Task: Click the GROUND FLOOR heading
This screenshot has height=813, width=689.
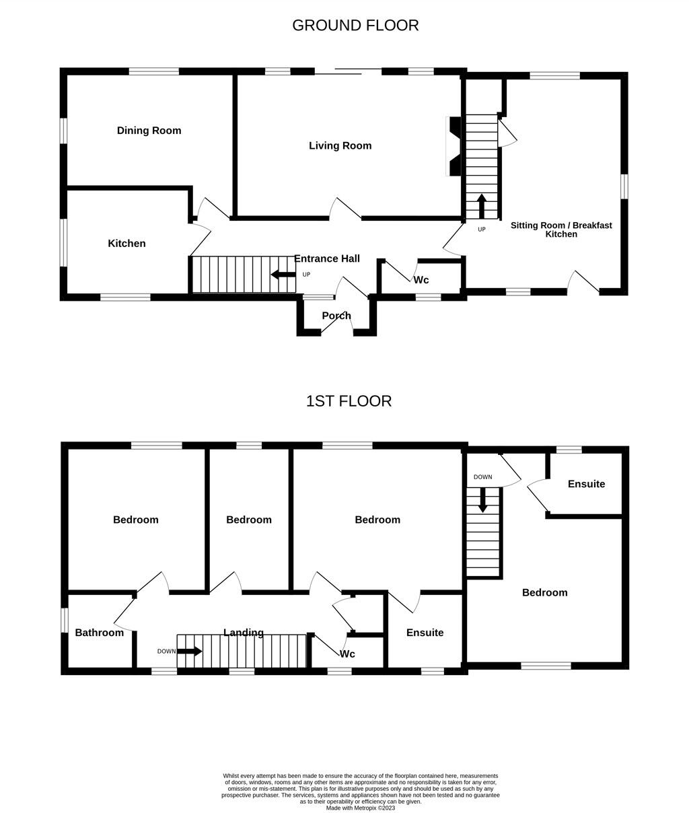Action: (x=355, y=26)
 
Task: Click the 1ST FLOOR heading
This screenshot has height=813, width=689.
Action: (x=349, y=401)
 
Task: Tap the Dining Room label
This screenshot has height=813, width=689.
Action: (x=149, y=131)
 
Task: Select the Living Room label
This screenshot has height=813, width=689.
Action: (x=340, y=145)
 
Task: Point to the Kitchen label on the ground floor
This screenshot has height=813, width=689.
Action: (x=126, y=244)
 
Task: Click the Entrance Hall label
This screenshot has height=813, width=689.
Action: (x=326, y=258)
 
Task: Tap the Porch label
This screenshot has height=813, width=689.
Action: (x=336, y=316)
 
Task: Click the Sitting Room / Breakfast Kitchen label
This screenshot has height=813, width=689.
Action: (x=561, y=229)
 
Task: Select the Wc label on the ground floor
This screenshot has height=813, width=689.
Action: (x=421, y=280)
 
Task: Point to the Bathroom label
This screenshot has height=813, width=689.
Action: (x=99, y=633)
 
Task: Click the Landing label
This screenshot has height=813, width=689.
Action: (x=243, y=633)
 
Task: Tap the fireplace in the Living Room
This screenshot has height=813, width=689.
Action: (x=454, y=146)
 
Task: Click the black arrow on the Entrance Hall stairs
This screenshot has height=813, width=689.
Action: (x=283, y=274)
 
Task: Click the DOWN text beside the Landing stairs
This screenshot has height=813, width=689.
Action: (x=166, y=651)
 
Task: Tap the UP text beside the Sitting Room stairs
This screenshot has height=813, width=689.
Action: (x=482, y=229)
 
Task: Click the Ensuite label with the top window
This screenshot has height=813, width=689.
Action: (x=586, y=484)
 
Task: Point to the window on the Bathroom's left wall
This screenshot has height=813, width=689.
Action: (x=65, y=620)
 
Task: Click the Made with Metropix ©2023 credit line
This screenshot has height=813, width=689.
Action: (x=361, y=808)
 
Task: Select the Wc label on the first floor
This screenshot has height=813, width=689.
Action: (x=347, y=654)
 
